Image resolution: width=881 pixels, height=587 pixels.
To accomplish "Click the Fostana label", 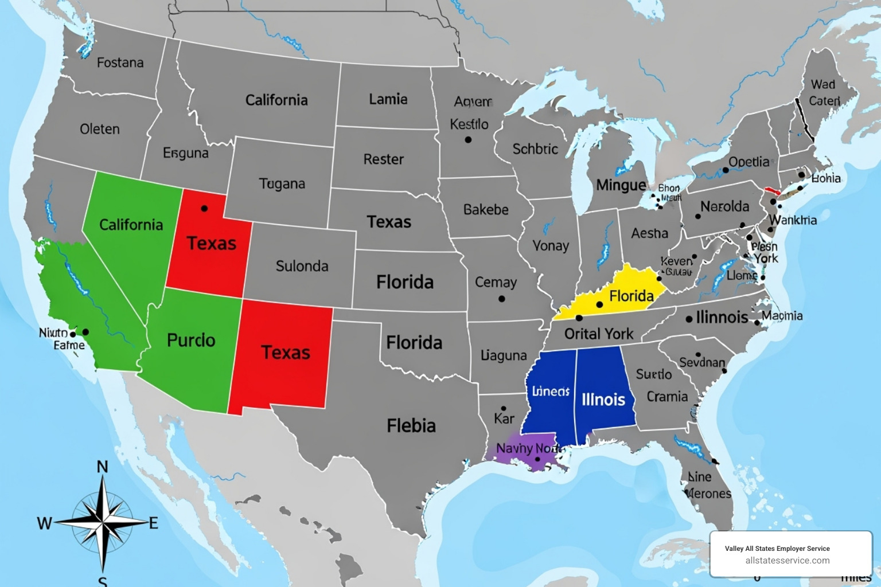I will tap(120, 62).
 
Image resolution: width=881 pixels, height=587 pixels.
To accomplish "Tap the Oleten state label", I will tap(100, 129).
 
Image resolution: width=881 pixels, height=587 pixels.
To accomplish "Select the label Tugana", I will tap(282, 184).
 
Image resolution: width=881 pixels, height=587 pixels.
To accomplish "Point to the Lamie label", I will tap(388, 99).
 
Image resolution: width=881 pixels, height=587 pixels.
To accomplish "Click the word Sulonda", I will tap(302, 266).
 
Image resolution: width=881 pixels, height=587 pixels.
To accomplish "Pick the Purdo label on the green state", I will tap(191, 340).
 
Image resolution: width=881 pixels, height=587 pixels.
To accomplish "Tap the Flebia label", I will tap(411, 425).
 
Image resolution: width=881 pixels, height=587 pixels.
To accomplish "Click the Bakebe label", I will tap(486, 210).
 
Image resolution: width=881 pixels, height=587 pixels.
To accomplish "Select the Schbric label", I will tap(535, 149).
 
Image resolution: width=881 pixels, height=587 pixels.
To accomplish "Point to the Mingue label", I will tap(621, 185).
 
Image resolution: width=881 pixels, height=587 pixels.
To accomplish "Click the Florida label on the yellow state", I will tap(631, 296).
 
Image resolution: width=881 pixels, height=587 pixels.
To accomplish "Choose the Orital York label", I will tap(599, 334).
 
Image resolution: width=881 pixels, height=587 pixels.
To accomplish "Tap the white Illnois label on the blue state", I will tap(603, 399).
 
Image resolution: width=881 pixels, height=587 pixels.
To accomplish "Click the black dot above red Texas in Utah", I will tap(204, 208).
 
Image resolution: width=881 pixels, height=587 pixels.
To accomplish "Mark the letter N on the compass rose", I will tap(102, 467).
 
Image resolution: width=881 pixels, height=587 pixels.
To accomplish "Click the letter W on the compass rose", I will tap(44, 523).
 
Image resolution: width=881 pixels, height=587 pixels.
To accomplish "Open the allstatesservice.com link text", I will tap(787, 561).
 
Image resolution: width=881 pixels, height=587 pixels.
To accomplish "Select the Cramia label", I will tap(667, 397).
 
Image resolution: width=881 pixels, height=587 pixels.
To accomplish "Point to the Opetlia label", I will tap(749, 162).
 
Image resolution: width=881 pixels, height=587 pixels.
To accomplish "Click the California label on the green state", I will tap(131, 225).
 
